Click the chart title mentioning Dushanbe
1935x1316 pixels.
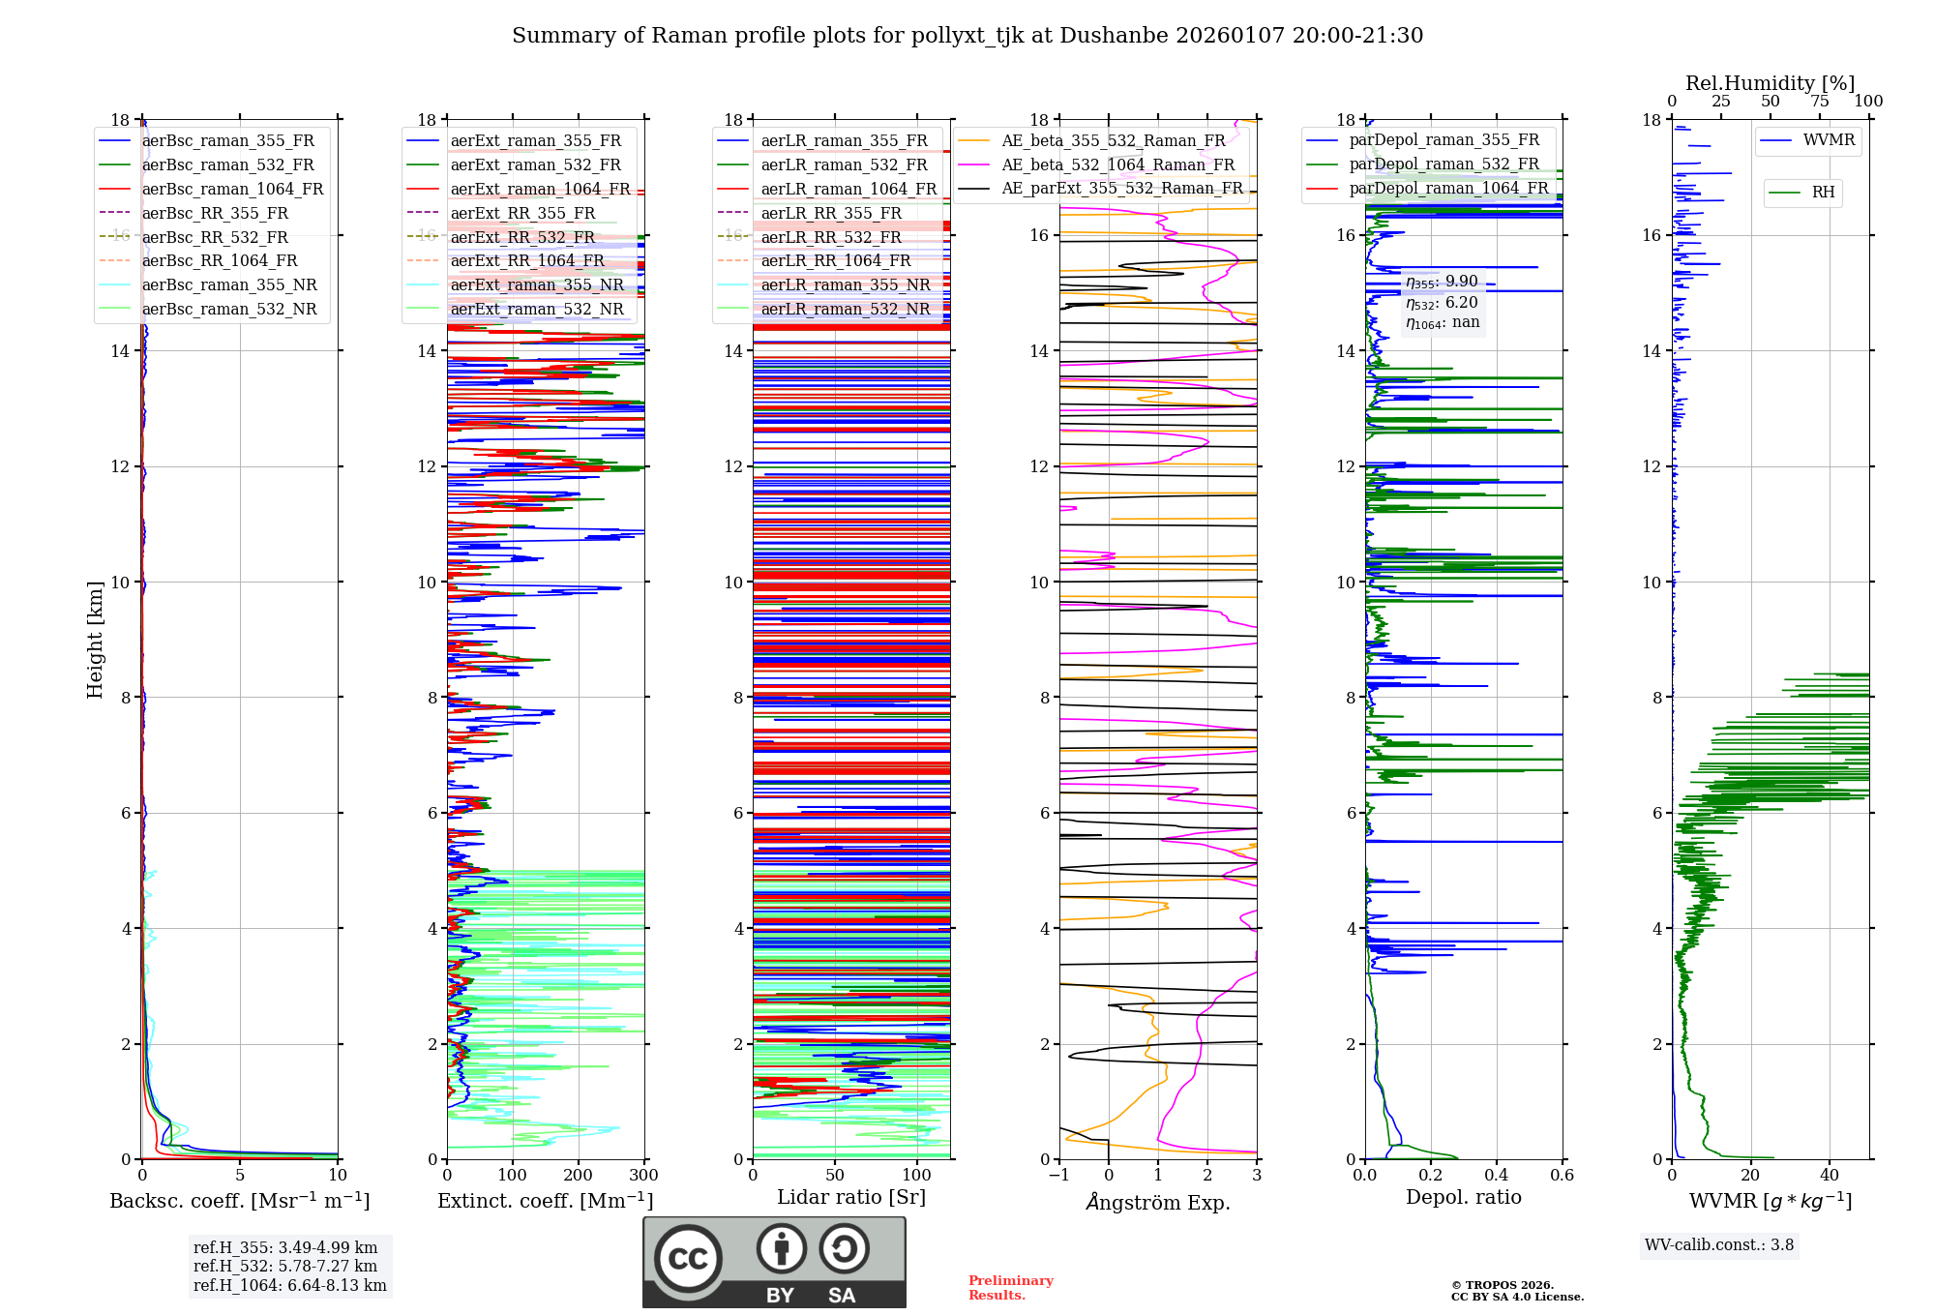click(967, 36)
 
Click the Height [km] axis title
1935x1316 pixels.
click(95, 639)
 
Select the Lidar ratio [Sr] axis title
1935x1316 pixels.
click(851, 1197)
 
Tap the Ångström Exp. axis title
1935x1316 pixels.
click(1158, 1202)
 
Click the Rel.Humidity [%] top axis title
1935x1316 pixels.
click(1770, 83)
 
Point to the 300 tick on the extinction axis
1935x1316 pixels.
click(643, 1176)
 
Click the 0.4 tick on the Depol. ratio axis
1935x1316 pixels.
click(1497, 1176)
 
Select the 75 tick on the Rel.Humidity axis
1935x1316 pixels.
click(1820, 102)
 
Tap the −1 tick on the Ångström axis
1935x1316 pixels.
click(1058, 1176)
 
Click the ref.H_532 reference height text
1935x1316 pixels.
click(284, 1266)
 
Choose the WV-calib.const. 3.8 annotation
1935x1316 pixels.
click(1719, 1245)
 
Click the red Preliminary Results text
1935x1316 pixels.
click(1010, 1288)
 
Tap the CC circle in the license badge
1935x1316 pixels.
click(688, 1259)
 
